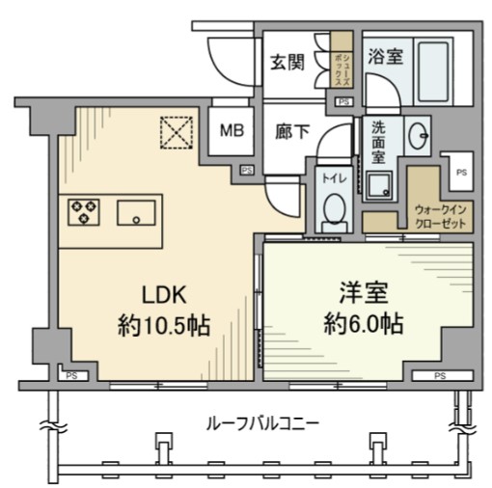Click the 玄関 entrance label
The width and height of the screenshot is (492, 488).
coord(287,64)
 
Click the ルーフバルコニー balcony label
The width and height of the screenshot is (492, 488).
coord(262,422)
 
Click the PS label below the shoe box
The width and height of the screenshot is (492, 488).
coord(342,100)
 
